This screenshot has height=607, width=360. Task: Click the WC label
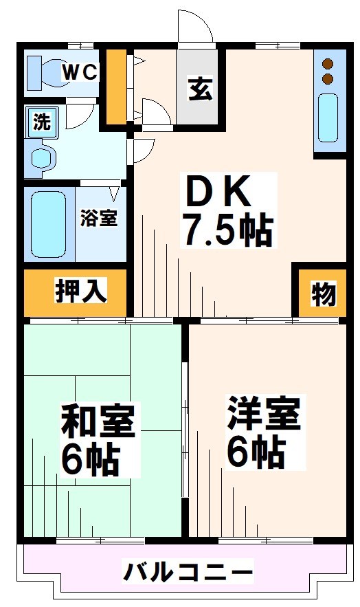(80, 71)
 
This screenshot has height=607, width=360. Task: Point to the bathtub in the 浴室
(49, 223)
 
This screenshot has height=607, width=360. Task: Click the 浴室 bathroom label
(99, 218)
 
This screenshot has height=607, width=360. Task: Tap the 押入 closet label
(81, 291)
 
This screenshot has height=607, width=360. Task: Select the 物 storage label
(323, 294)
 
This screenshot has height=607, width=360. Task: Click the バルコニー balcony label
(188, 571)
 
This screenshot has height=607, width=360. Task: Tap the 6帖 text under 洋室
(256, 451)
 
